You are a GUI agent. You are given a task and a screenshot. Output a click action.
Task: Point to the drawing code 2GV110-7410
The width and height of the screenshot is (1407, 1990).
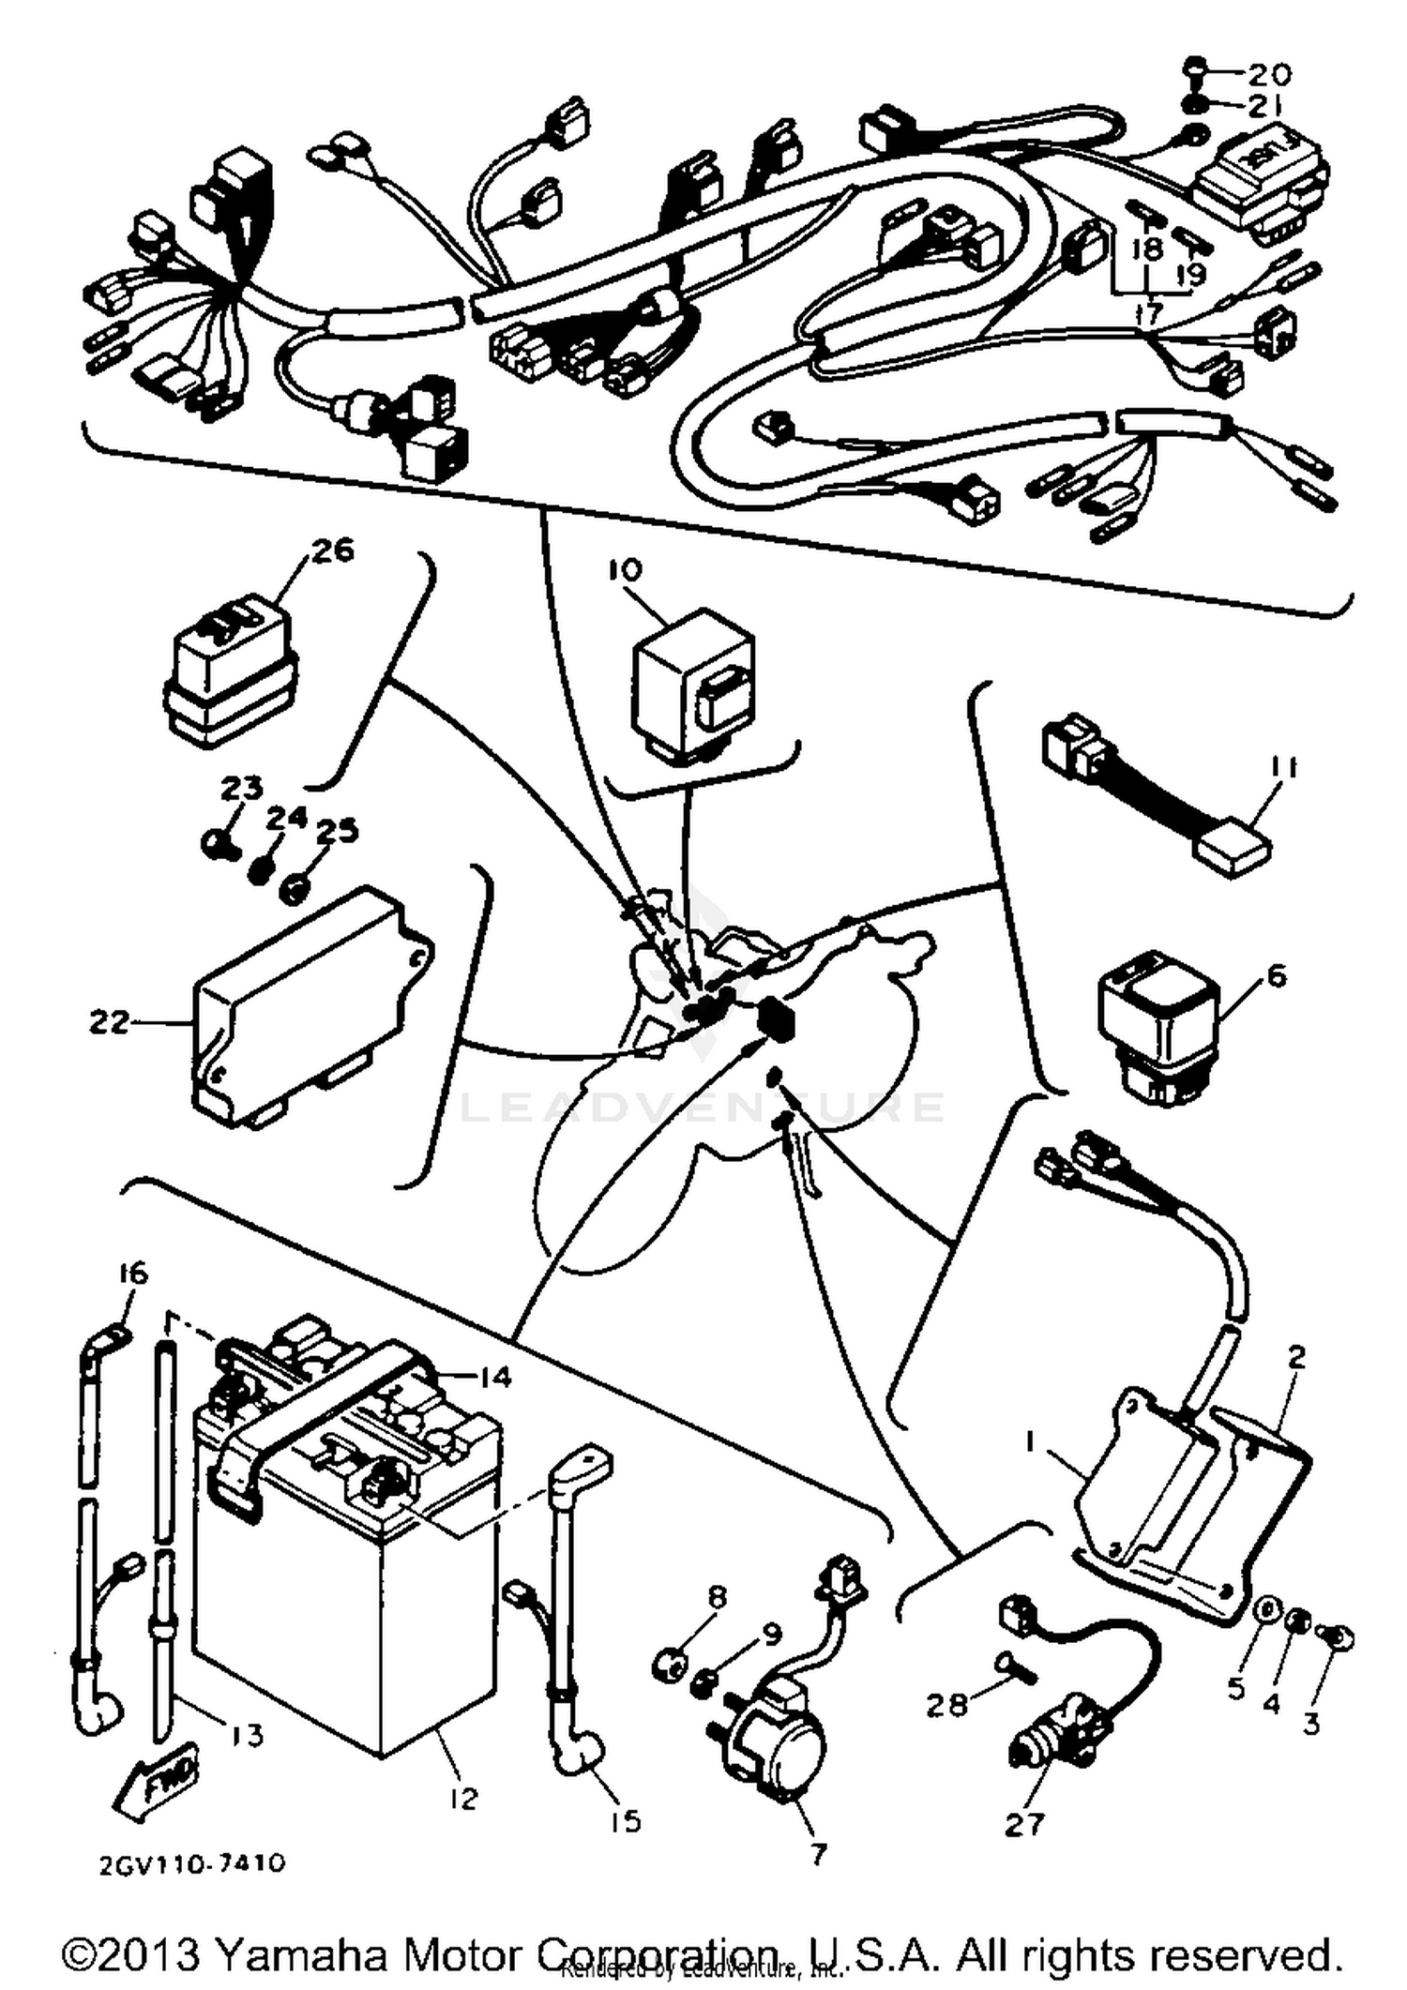[x=191, y=1862]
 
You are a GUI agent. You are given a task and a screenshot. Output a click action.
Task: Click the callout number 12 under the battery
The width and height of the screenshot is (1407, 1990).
[x=463, y=1798]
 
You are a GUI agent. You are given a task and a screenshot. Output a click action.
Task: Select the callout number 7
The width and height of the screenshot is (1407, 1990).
[x=818, y=1854]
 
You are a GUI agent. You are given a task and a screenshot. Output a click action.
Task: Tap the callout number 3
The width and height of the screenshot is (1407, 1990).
[x=1310, y=1723]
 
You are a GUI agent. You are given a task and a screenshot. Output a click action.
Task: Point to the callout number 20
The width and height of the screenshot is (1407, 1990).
[x=1269, y=73]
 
